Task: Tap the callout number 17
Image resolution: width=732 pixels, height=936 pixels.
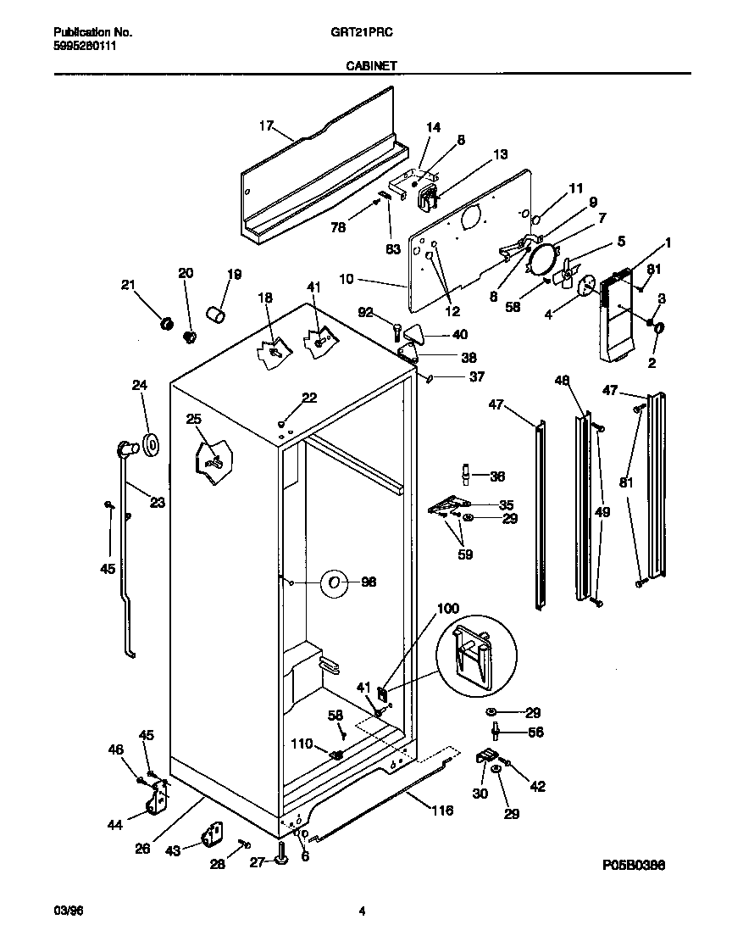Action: tap(266, 126)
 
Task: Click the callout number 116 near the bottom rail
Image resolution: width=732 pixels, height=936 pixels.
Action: tap(441, 811)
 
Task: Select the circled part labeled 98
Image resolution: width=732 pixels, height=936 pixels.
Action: tap(335, 582)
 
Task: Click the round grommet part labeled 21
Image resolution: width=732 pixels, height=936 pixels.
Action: tap(167, 323)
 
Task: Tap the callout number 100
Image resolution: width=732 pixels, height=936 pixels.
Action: tap(448, 609)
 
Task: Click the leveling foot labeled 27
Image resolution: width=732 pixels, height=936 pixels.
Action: tap(282, 861)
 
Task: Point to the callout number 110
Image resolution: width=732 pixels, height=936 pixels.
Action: tap(302, 744)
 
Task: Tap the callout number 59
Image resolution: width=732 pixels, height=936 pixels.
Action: tap(464, 555)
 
